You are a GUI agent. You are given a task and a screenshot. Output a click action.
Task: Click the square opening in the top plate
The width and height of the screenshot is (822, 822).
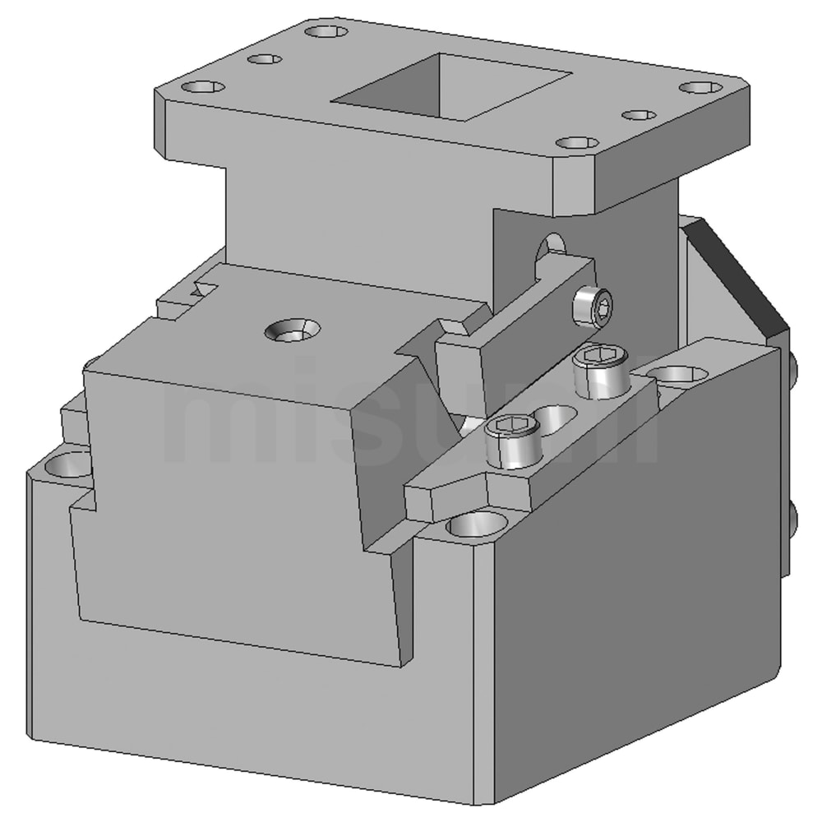[x=450, y=86]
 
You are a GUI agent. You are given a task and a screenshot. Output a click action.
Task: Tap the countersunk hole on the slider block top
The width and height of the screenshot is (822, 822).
[x=293, y=330]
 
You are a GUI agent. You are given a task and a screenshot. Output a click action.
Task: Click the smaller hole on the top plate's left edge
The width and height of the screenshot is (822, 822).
[x=265, y=59]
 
